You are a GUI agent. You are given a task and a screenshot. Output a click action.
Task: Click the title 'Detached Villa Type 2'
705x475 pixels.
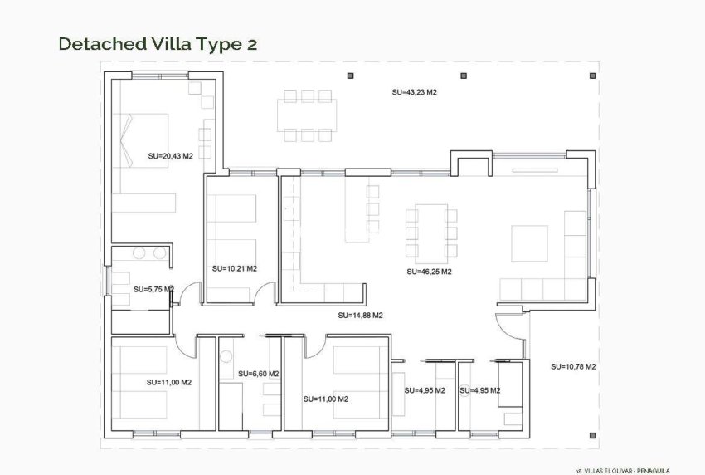pyautogui.click(x=158, y=44)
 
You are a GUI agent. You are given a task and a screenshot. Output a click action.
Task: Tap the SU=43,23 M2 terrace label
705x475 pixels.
pyautogui.click(x=414, y=92)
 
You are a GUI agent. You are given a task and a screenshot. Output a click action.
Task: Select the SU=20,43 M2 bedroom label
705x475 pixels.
pyautogui.click(x=170, y=155)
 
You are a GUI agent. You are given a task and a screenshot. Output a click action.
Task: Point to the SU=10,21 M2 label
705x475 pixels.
pyautogui.click(x=234, y=268)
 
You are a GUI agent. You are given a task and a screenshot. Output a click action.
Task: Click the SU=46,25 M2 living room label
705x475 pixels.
pyautogui.click(x=429, y=272)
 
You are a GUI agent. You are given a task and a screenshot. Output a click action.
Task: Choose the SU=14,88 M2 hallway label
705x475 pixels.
pyautogui.click(x=360, y=316)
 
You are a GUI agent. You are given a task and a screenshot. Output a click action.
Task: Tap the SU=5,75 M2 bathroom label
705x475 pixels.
pyautogui.click(x=153, y=289)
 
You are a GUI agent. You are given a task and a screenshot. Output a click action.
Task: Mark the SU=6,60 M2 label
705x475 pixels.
pyautogui.click(x=258, y=374)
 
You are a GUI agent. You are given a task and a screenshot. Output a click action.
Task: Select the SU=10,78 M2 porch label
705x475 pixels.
pyautogui.click(x=573, y=366)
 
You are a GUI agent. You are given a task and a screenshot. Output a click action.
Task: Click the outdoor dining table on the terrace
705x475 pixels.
pyautogui.click(x=308, y=115)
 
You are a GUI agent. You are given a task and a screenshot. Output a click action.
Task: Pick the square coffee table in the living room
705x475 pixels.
pyautogui.click(x=528, y=242)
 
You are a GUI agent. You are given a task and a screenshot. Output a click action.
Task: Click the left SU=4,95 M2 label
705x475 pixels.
pyautogui.click(x=424, y=390)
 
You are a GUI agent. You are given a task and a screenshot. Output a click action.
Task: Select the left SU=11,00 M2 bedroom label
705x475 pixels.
pyautogui.click(x=168, y=382)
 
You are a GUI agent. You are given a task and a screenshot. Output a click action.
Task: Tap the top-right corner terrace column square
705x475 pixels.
pyautogui.click(x=591, y=76)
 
